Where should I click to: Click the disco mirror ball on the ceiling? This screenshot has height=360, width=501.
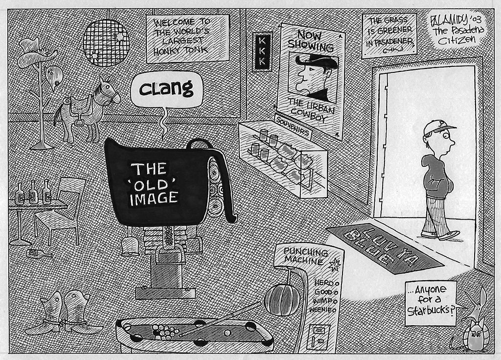coord(106,43)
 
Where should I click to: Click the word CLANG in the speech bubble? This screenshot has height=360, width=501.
coord(166,89)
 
